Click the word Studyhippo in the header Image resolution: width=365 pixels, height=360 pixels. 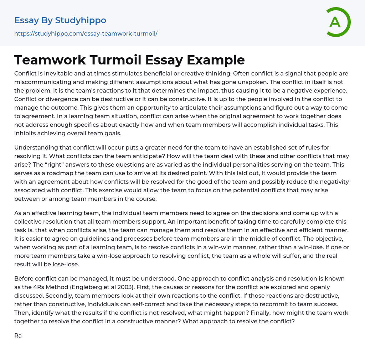click(81, 20)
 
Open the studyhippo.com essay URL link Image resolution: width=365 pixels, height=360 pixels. click(86, 33)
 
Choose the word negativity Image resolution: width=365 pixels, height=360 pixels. click(328, 182)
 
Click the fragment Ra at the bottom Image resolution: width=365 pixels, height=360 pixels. click(18, 335)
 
